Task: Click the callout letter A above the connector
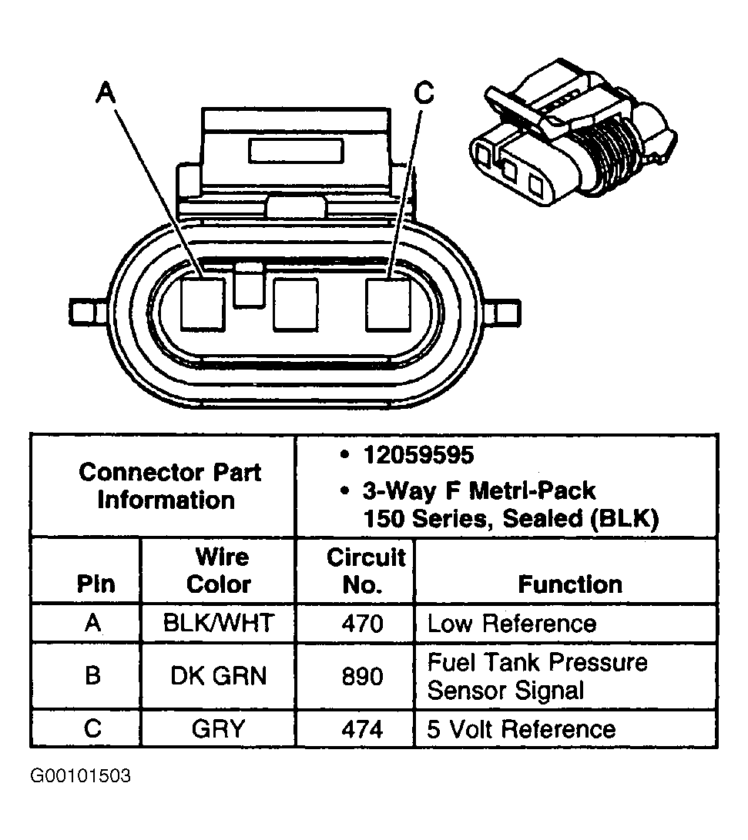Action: [106, 93]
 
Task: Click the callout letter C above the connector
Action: [424, 93]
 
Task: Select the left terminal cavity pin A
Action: [203, 303]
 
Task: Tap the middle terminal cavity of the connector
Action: [296, 303]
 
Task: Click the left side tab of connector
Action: [81, 311]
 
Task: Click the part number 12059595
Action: [419, 456]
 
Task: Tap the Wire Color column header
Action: [219, 571]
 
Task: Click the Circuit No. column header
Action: [365, 571]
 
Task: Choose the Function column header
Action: [570, 584]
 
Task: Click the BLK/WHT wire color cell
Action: [219, 623]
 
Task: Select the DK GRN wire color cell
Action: [219, 675]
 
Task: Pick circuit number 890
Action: [361, 675]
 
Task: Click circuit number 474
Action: [361, 728]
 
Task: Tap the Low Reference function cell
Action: [512, 623]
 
